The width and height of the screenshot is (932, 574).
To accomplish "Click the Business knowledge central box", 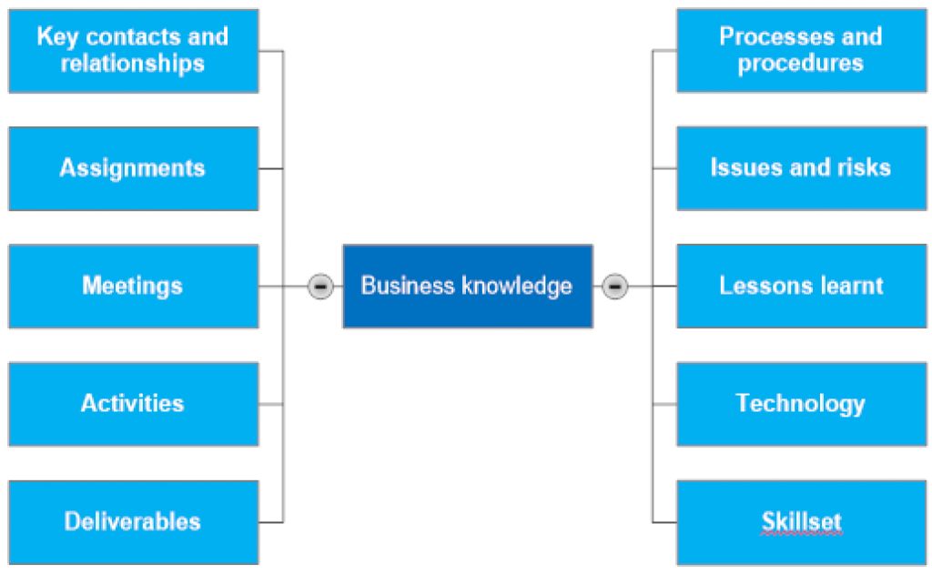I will (x=467, y=286).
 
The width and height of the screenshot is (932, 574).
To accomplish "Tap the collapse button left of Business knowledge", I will (x=319, y=286).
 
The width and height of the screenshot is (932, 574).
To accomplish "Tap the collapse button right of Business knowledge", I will (x=615, y=286).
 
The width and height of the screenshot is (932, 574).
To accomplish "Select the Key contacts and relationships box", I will (x=133, y=51).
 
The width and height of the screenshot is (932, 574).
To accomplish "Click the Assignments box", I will (x=133, y=168).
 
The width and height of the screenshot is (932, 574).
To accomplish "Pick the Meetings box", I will (x=133, y=286).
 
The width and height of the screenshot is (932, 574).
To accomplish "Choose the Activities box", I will (x=133, y=404).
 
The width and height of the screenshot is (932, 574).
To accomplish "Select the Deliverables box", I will (x=133, y=522).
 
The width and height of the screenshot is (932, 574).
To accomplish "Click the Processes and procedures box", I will (x=801, y=51).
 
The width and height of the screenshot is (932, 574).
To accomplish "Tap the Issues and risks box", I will (x=801, y=168).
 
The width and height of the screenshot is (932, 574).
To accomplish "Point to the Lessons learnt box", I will (x=801, y=286).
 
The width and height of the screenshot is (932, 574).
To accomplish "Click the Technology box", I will (x=801, y=404).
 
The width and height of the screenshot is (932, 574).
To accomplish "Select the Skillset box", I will (x=801, y=522).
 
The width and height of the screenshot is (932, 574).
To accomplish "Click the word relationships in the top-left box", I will (x=133, y=64).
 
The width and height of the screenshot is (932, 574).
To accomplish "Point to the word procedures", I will (x=801, y=64).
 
